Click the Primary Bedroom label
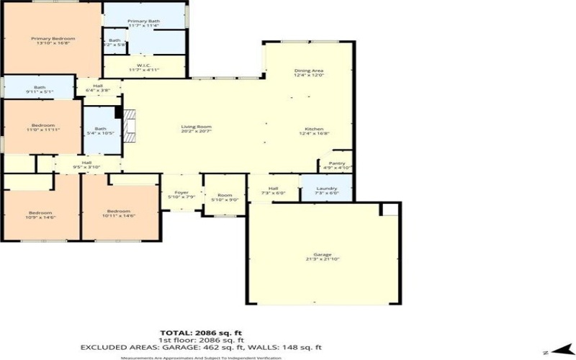tap(53, 40)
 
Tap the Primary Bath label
tap(143, 24)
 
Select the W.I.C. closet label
tap(143, 66)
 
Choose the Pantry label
tap(337, 165)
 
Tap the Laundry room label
tap(327, 191)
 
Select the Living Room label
tap(196, 129)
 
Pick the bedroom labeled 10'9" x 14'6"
tap(40, 214)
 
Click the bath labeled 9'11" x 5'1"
tap(40, 89)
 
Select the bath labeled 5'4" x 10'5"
tap(100, 132)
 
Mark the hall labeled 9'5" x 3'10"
tap(86, 165)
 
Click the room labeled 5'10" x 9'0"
tap(225, 198)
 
